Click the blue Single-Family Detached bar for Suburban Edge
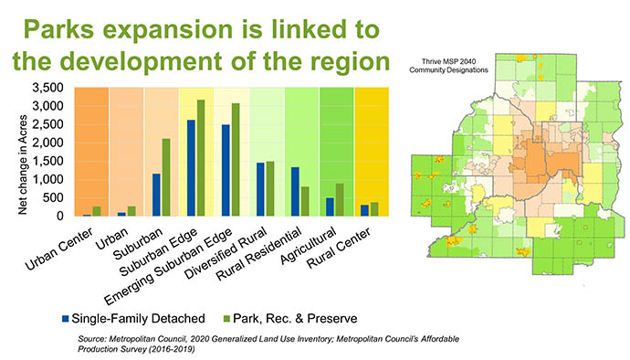coord(191,168)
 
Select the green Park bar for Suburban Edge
coord(201,158)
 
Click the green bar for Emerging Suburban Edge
coord(236,160)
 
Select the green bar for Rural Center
coord(375,209)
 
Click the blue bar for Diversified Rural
coord(260,189)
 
